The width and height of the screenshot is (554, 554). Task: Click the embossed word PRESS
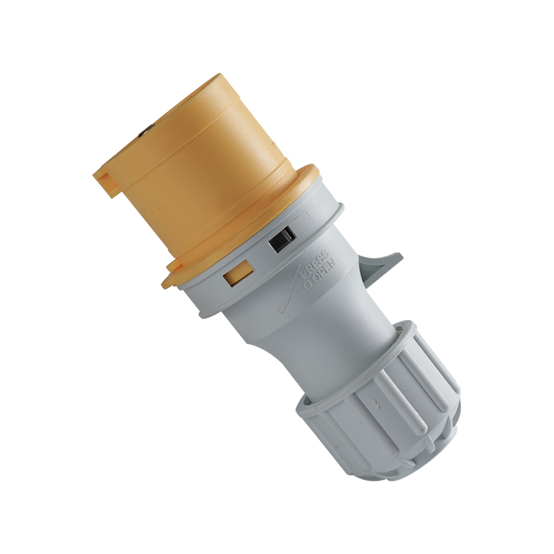click(x=314, y=264)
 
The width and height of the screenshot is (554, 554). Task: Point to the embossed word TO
click(x=306, y=287)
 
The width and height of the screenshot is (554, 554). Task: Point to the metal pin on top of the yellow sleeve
click(x=145, y=132)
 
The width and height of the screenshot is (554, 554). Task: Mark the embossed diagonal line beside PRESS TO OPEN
click(x=289, y=289)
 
